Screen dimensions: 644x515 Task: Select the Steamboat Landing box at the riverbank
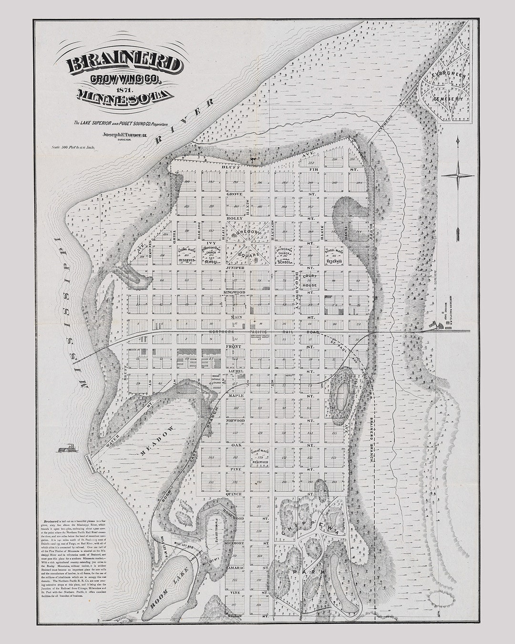pos(90,462)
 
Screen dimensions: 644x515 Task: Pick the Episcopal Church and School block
pos(286,256)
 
